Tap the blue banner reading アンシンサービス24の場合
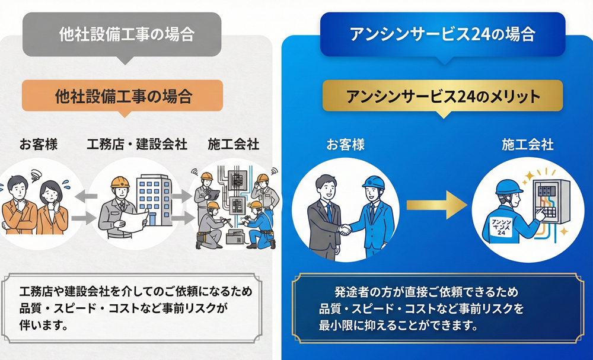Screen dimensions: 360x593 coord(442,34)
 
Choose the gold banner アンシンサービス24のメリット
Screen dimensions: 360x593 coord(442,95)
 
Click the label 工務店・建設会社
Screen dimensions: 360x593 coord(137,144)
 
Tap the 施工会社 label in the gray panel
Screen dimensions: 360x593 coord(234,144)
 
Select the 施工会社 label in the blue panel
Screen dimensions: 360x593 coord(527,144)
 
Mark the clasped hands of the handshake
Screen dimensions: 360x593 coord(345,228)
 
